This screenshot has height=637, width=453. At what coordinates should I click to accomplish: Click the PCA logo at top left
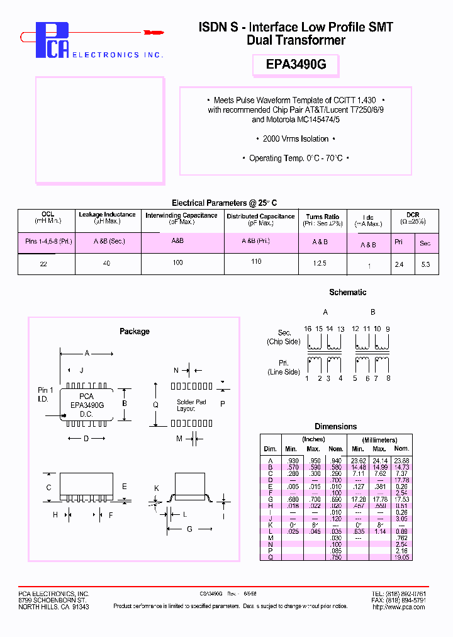52,40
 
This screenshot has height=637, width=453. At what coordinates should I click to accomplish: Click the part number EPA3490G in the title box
296,65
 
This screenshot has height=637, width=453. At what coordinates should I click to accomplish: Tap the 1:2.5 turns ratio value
320,263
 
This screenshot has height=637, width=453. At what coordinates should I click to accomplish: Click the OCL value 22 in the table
43,264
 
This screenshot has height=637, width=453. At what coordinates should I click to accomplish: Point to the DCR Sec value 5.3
425,264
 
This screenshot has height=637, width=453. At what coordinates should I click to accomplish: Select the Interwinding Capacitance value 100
178,262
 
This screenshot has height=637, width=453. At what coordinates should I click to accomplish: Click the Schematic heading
347,292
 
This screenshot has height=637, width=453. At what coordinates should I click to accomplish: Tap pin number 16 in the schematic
308,329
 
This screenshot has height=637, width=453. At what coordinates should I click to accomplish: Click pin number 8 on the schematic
388,378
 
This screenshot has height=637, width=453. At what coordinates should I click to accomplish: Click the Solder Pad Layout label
191,405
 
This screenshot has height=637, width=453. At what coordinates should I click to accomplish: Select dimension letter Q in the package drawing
156,405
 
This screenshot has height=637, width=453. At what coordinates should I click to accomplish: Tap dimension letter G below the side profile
188,529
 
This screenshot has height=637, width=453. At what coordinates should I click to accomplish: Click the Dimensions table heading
335,426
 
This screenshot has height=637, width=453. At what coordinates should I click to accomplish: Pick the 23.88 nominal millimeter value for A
401,460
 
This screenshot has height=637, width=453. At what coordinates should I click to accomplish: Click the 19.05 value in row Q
402,557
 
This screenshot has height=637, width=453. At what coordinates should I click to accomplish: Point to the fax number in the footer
408,600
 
